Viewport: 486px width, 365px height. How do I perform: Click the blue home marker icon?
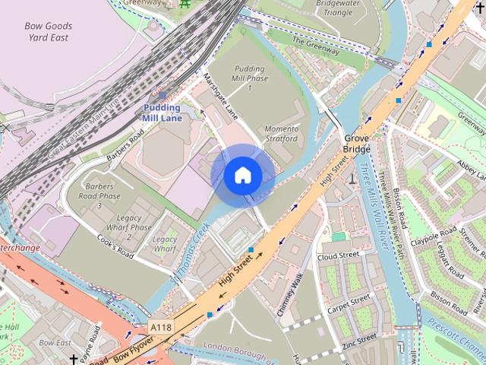(243, 176)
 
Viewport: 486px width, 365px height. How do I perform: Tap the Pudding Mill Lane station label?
(162, 113)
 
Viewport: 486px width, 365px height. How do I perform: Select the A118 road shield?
(161, 327)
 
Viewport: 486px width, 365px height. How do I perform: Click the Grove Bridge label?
(357, 144)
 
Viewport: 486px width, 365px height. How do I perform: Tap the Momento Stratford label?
(281, 134)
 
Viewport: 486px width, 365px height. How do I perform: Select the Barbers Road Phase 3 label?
(99, 195)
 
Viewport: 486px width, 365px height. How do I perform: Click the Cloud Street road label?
(338, 256)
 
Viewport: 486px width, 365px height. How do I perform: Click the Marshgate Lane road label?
(221, 97)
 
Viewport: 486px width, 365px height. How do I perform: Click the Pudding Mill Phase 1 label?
(250, 78)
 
